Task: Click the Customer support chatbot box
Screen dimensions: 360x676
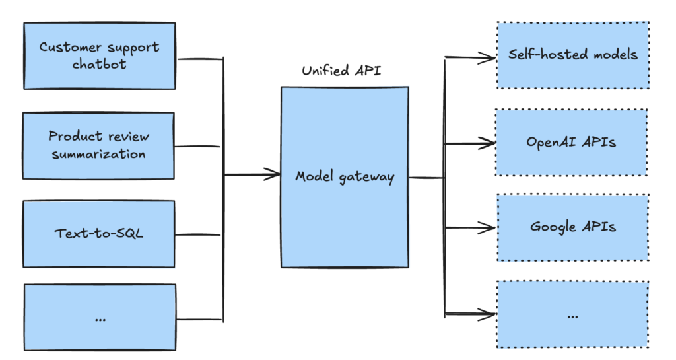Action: [x=99, y=56]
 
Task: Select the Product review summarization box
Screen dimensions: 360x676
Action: [x=99, y=145]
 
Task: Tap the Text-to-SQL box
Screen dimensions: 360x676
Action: [x=99, y=234]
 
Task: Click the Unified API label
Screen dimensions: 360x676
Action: [x=343, y=71]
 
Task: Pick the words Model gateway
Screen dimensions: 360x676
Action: [x=344, y=177]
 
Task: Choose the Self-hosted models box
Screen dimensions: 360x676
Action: [x=572, y=55]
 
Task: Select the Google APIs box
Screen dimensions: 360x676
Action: [x=572, y=227]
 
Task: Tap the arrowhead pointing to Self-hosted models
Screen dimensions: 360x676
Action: [x=489, y=58]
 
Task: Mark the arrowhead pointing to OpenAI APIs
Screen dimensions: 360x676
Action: [x=489, y=143]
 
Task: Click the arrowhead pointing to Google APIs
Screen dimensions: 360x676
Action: [x=489, y=227]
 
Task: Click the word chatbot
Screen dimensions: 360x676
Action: [x=99, y=65]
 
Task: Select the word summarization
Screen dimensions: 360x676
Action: [x=98, y=154]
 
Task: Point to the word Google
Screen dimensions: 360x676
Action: [x=554, y=227]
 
